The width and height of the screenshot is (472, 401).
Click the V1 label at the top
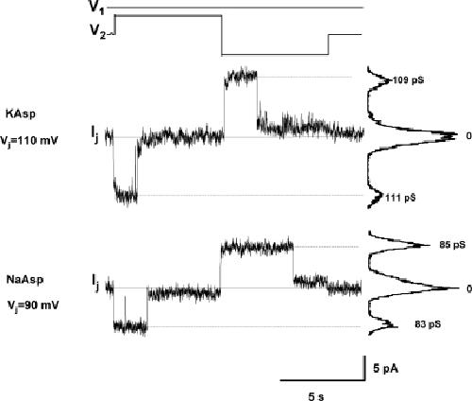(x=97, y=7)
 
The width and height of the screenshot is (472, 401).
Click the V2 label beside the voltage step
(x=98, y=32)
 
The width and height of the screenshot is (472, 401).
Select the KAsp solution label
(x=21, y=114)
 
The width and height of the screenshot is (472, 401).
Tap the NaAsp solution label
(x=25, y=279)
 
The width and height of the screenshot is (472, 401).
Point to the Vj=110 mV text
(x=29, y=140)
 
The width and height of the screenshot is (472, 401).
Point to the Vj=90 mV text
(x=33, y=305)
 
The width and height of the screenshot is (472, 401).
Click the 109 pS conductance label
(x=408, y=80)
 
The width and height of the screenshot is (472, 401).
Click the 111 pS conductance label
(x=400, y=198)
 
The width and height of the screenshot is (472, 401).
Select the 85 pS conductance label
(x=452, y=245)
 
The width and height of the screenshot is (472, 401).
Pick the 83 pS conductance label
(x=428, y=324)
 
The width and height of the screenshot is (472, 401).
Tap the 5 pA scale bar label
(x=386, y=368)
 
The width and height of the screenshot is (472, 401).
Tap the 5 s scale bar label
(x=316, y=396)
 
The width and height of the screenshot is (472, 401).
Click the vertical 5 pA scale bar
(x=364, y=368)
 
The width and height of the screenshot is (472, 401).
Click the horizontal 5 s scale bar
(x=323, y=380)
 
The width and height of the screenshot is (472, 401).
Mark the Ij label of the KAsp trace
(x=95, y=134)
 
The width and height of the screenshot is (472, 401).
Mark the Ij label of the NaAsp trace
(x=95, y=283)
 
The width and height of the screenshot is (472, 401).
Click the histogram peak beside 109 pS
(x=388, y=81)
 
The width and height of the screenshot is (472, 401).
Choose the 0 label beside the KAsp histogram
(x=469, y=136)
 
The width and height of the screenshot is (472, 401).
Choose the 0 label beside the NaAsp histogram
(x=469, y=288)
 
